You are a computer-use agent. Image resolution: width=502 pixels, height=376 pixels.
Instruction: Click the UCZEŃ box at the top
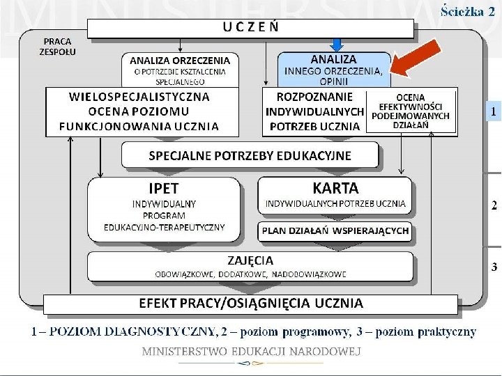click(x=251, y=28)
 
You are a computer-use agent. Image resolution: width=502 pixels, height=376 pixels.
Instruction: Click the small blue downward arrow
click(x=337, y=44)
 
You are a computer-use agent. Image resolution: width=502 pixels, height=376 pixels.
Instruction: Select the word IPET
click(x=164, y=188)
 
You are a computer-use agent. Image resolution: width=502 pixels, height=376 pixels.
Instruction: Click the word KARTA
click(x=335, y=188)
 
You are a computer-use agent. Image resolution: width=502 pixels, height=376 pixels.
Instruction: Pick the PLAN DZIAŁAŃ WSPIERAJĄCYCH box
click(x=335, y=230)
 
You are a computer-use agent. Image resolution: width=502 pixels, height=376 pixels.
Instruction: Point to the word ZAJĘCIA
click(x=250, y=260)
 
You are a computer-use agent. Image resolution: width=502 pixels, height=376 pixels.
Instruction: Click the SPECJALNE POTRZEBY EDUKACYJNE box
click(x=250, y=155)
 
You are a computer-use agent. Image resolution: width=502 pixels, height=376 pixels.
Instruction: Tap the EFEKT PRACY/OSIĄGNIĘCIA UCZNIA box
click(x=251, y=303)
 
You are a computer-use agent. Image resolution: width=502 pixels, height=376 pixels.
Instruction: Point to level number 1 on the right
click(x=494, y=111)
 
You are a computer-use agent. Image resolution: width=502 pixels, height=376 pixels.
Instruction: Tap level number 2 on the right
click(x=494, y=205)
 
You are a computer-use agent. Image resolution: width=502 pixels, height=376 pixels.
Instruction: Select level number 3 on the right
click(x=494, y=267)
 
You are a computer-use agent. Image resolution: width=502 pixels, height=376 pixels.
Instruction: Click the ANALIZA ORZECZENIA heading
click(x=180, y=61)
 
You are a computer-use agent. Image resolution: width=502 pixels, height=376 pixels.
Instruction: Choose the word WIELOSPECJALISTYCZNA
click(x=139, y=96)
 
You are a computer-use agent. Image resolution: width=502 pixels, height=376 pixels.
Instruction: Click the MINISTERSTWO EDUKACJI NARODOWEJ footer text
click(x=251, y=352)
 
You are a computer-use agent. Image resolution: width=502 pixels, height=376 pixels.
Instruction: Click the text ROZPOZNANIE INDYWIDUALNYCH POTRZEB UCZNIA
click(x=315, y=111)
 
